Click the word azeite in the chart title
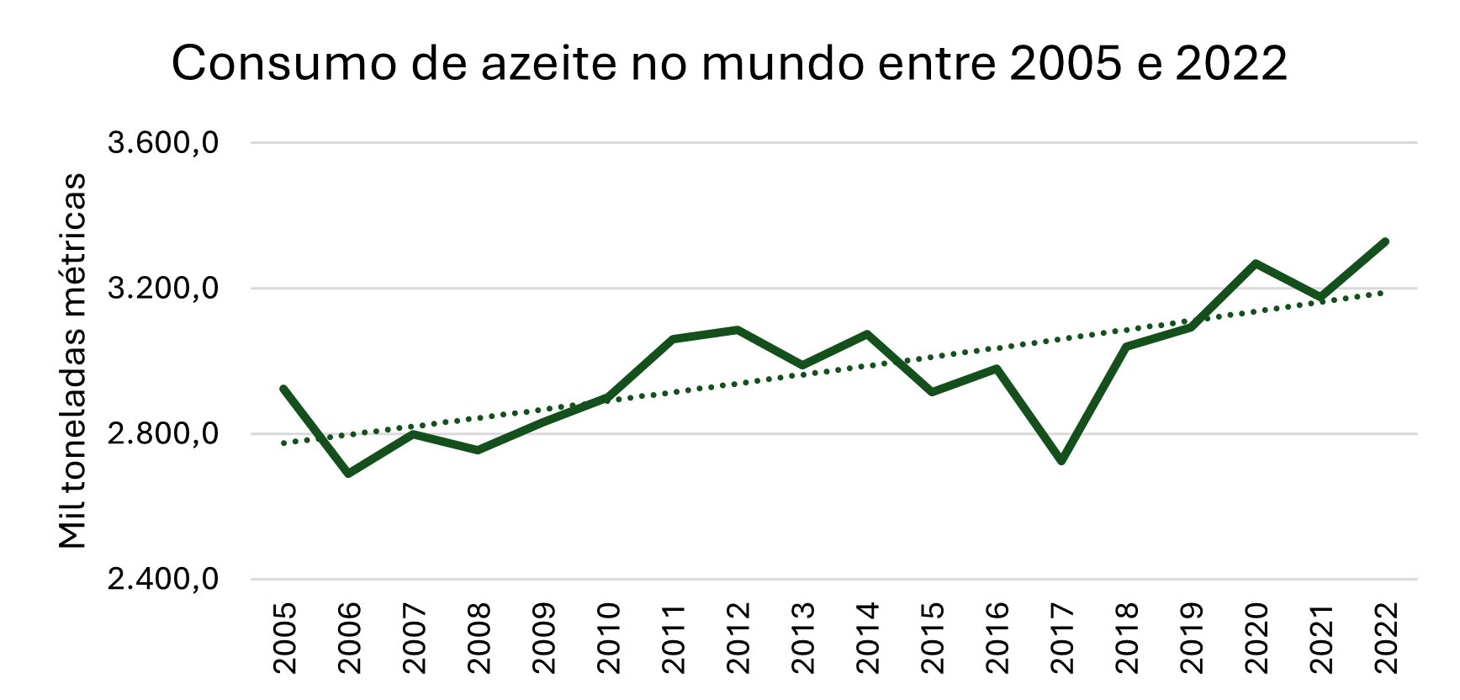coord(549,63)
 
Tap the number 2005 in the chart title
coord(1066,63)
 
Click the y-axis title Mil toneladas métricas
coord(73,361)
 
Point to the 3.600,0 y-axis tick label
coord(163,143)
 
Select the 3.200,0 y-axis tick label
coord(163,289)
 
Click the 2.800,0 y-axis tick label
coord(163,434)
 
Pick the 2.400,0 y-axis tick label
coord(163,580)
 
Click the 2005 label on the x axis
coord(284,638)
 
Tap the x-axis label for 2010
coord(608,638)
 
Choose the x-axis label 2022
coord(1385,638)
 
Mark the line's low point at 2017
coord(1061,461)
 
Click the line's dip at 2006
coord(348,474)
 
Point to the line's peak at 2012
coord(737,329)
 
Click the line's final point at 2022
coord(1384,241)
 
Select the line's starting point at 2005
coord(284,389)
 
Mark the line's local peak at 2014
coord(866,334)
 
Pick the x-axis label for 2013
coord(802,638)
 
